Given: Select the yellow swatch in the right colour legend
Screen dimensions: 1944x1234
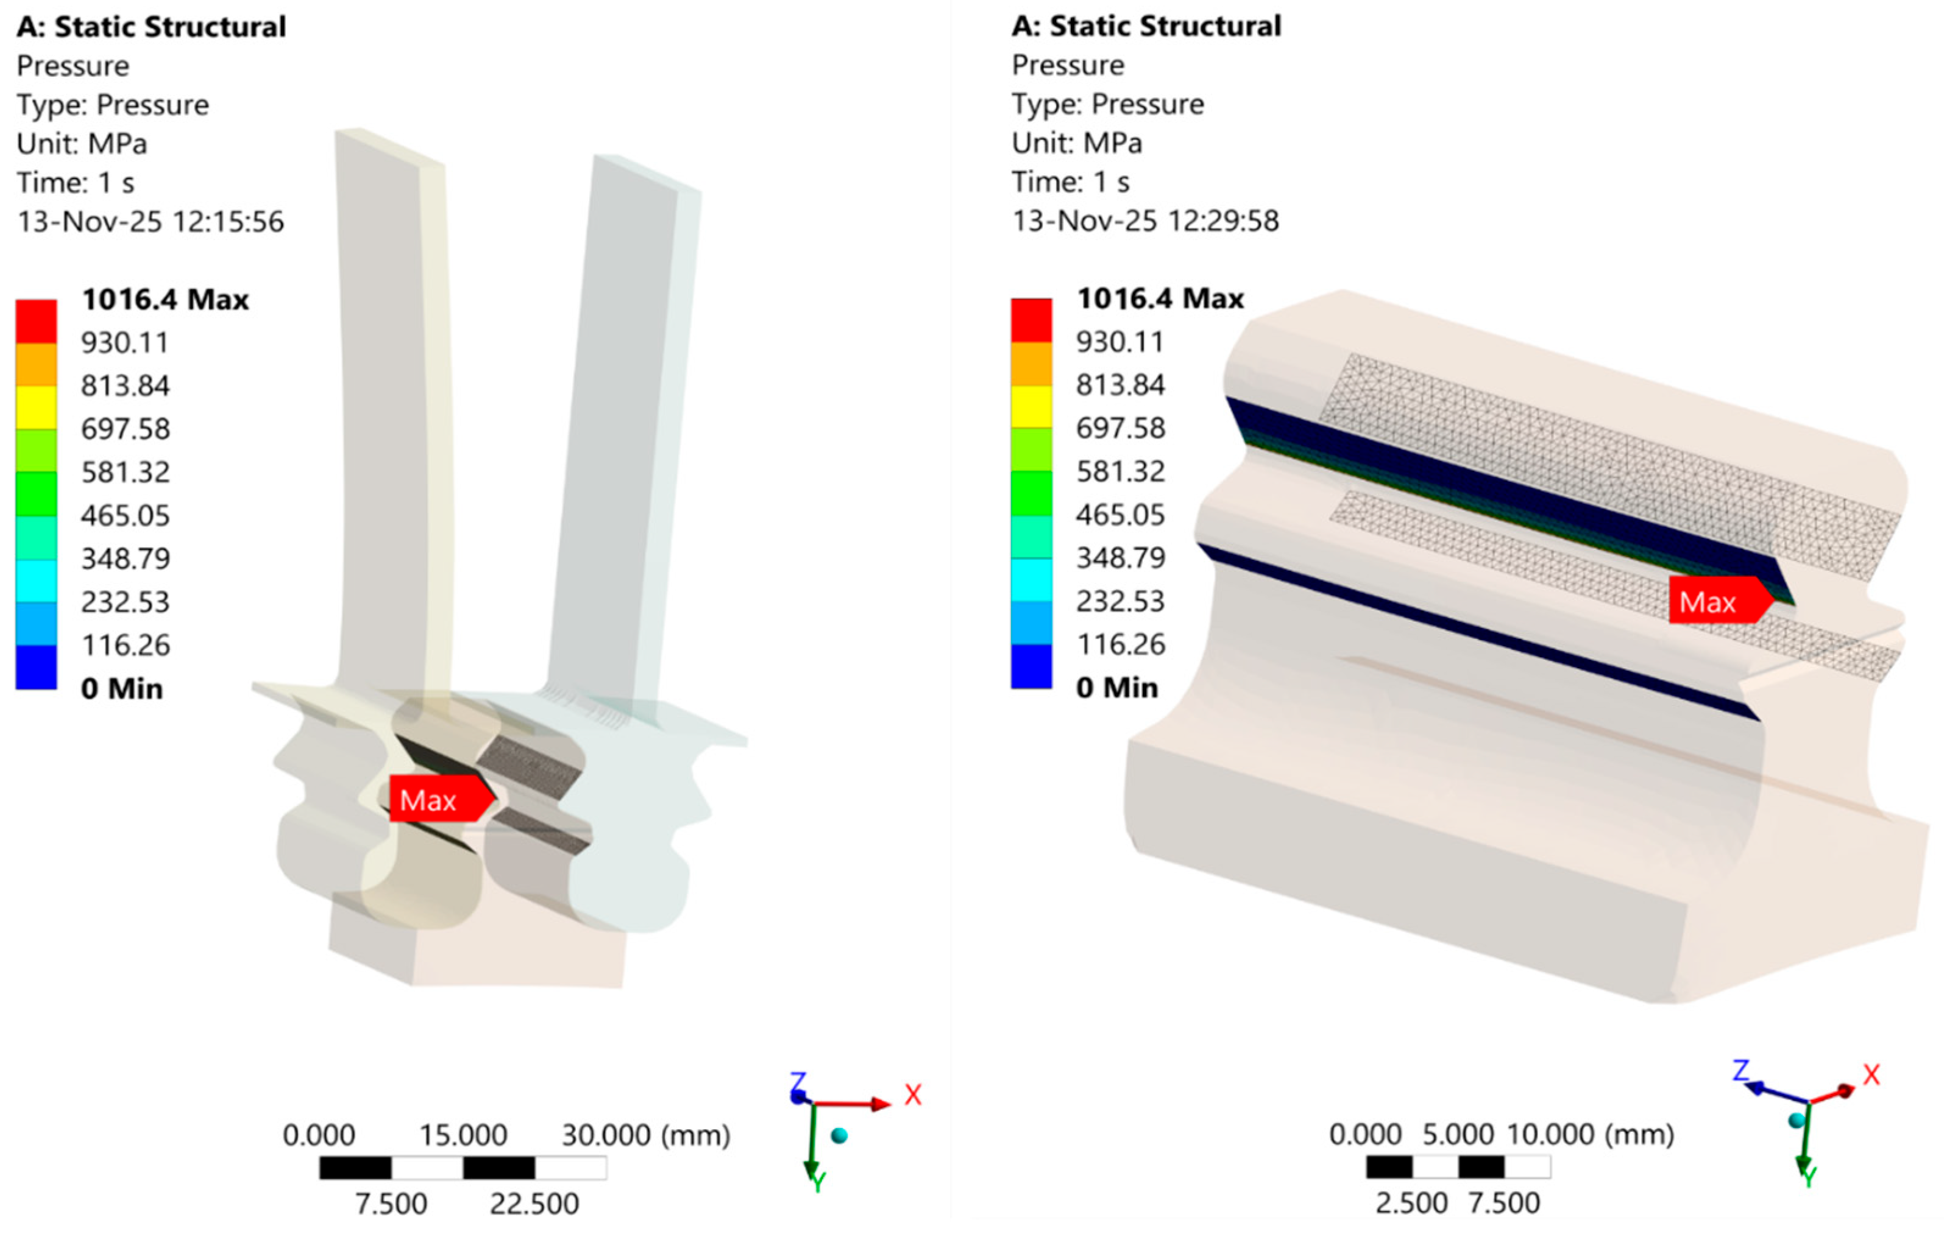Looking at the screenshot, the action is tap(1032, 407).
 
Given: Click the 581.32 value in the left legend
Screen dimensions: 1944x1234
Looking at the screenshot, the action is tap(125, 472).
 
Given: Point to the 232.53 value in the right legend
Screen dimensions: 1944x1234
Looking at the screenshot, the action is tap(1121, 601).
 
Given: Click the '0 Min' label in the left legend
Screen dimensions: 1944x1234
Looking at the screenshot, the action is tap(122, 688).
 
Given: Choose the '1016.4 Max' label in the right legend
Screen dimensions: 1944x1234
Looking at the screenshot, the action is tap(1160, 298).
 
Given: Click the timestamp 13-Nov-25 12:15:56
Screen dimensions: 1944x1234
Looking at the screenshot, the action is tap(151, 221).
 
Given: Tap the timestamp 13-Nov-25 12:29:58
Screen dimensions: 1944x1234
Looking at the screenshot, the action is tap(1146, 220).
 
